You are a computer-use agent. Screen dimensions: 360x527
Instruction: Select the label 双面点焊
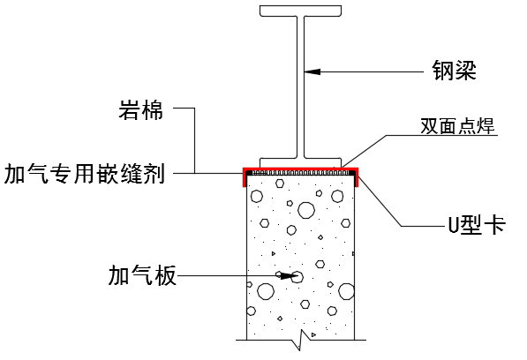tap(458, 126)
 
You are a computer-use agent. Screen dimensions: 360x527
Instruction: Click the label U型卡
tap(472, 224)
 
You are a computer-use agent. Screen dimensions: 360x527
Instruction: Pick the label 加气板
tap(141, 276)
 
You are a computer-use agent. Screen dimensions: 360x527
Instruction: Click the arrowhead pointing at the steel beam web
tap(312, 71)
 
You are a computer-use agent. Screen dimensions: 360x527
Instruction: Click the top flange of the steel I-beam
tap(301, 11)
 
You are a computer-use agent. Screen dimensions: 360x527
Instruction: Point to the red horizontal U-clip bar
tap(300, 167)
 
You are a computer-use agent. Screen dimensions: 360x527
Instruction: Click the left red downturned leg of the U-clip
tap(245, 177)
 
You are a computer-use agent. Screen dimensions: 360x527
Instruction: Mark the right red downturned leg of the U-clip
tap(357, 177)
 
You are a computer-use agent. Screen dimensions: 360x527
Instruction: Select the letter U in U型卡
tap(448, 224)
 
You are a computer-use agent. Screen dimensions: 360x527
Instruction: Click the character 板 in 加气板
tap(165, 276)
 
